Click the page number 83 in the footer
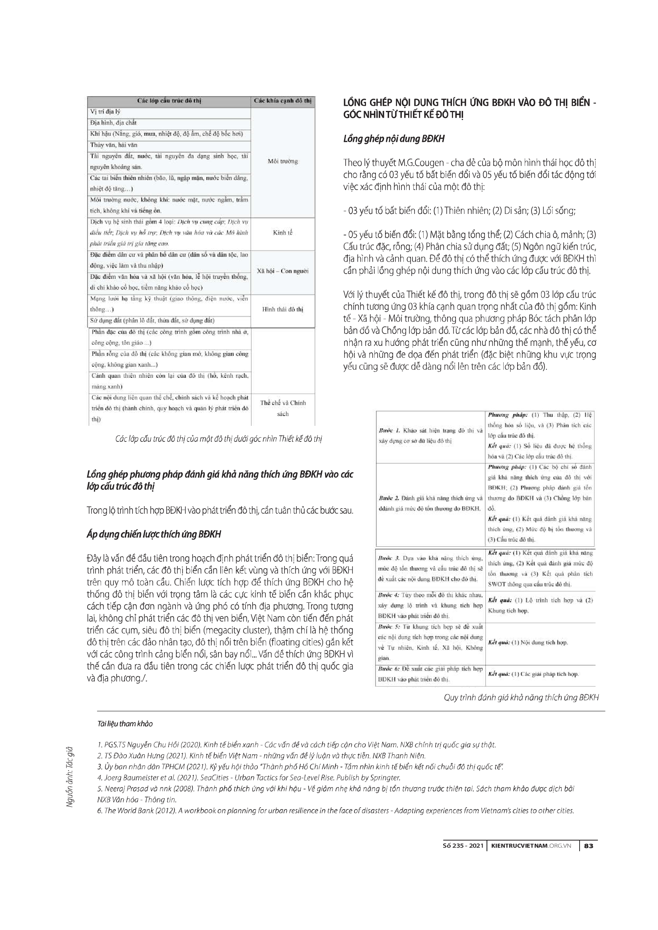click(x=589, y=845)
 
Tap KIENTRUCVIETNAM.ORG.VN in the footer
click(x=530, y=845)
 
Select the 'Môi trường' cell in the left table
click(x=283, y=161)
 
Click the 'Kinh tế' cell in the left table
click(x=283, y=233)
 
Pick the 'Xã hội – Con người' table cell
click(x=283, y=271)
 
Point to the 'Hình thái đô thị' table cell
click(x=283, y=309)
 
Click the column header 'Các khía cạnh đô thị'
click(x=283, y=101)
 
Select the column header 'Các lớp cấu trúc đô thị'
click(x=169, y=101)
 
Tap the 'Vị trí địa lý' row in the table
click(x=105, y=112)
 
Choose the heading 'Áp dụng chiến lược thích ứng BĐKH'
click(x=154, y=534)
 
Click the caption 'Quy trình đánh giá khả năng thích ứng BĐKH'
click(x=521, y=697)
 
